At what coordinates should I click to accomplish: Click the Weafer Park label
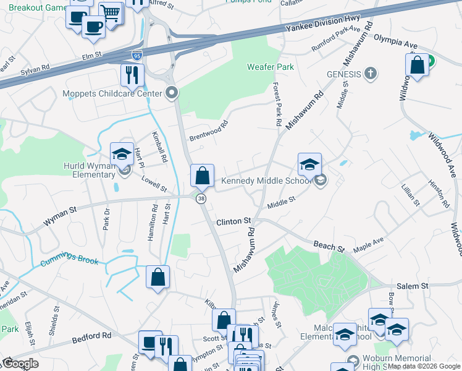click(x=270, y=67)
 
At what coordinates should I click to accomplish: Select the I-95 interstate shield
click(x=136, y=54)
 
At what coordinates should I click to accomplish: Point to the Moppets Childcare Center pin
click(x=172, y=93)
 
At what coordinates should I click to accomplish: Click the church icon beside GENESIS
click(x=370, y=74)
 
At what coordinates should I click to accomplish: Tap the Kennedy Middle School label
click(x=267, y=181)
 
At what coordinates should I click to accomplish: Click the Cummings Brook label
click(x=70, y=260)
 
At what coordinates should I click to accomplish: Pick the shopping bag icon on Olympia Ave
click(x=418, y=66)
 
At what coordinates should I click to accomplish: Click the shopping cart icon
click(x=111, y=12)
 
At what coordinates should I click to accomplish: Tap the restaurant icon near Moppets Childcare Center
click(x=132, y=75)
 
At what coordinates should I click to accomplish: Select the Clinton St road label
click(x=233, y=221)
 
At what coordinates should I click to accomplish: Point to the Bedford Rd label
click(x=91, y=337)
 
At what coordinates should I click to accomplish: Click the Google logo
click(x=20, y=364)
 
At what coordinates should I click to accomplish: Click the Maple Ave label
click(x=368, y=244)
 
